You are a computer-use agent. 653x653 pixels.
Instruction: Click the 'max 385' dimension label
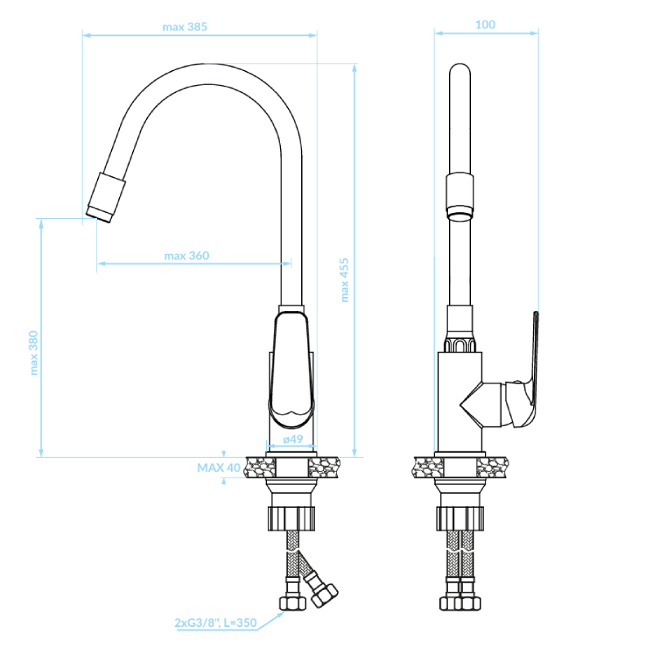184,27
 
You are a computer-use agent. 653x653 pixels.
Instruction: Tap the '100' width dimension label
485,24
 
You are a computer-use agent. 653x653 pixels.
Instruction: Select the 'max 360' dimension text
187,255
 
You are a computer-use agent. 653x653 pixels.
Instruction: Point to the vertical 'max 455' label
344,280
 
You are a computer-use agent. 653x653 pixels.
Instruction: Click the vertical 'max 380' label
33,353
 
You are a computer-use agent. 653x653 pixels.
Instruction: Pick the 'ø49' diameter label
293,439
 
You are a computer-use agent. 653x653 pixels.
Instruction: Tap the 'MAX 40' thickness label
219,468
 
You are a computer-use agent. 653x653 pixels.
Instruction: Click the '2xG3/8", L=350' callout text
215,623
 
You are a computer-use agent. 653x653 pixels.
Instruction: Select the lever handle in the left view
292,371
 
